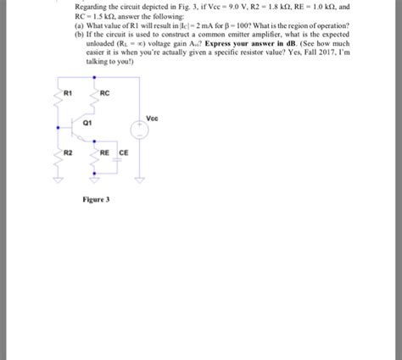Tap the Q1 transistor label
pyautogui.click(x=87, y=122)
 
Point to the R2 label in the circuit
pyautogui.click(x=70, y=152)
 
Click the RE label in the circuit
pyautogui.click(x=104, y=152)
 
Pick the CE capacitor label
pyautogui.click(x=123, y=152)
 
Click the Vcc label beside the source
pyautogui.click(x=151, y=118)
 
